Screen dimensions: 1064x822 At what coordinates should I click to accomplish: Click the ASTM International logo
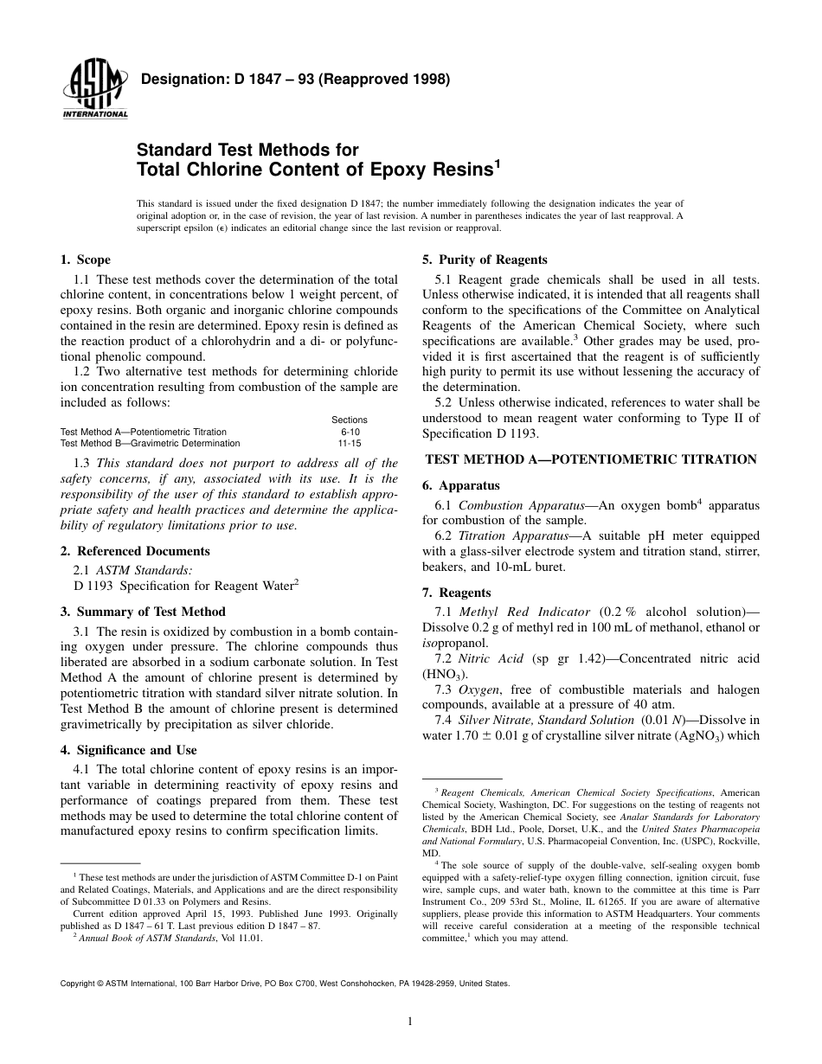click(x=94, y=91)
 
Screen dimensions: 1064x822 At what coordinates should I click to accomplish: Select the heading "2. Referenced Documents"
click(x=134, y=551)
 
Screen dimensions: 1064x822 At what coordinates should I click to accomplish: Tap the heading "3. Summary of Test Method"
click(x=143, y=612)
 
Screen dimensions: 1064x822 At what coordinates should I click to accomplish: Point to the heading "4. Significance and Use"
click(x=128, y=750)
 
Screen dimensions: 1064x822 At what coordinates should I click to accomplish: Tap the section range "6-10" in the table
click(x=350, y=432)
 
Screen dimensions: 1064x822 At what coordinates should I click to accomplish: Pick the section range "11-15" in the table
click(x=350, y=443)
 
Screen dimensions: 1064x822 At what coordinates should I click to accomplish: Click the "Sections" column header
click(x=350, y=420)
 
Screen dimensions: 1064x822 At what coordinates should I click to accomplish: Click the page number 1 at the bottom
click(x=410, y=1022)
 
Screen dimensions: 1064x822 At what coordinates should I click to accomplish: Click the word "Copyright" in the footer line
click(x=80, y=984)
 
